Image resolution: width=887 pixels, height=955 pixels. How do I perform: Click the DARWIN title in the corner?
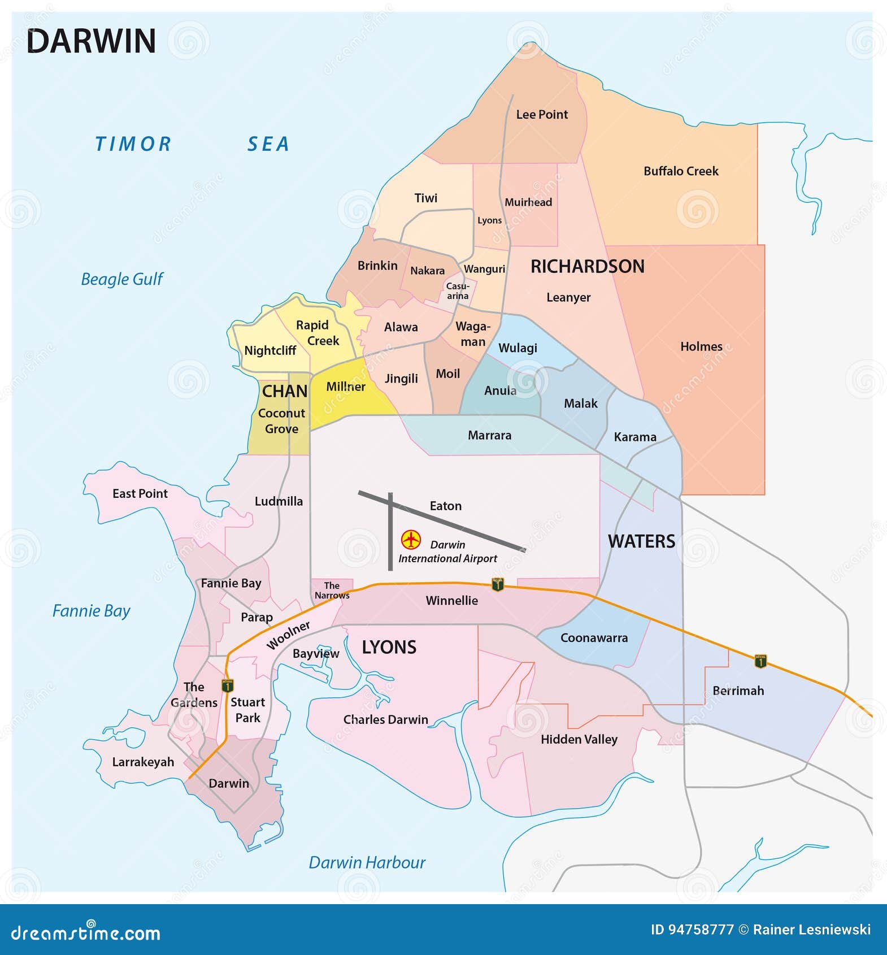pos(91,41)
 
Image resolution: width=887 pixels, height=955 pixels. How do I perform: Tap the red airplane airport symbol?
pos(411,540)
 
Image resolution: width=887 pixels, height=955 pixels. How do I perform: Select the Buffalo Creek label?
pos(681,171)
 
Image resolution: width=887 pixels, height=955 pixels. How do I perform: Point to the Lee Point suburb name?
pos(542,115)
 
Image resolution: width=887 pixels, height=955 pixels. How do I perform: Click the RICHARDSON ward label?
pos(587,267)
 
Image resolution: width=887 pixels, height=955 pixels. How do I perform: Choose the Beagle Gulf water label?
pos(121,279)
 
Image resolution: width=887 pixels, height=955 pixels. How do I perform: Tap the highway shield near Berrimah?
pos(760,661)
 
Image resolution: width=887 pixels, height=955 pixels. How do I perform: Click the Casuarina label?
pos(458,291)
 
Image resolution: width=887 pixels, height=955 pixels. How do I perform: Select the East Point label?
pos(140,494)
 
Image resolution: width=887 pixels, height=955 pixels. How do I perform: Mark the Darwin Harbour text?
pos(367,862)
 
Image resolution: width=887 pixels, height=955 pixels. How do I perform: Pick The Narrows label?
pos(332,590)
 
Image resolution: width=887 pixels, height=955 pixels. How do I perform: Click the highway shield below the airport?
pos(497,584)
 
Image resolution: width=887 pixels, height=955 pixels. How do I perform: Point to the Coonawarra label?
pos(594,638)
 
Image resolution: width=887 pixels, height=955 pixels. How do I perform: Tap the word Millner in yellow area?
pos(346,387)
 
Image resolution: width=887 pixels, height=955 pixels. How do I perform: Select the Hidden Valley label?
pos(579,739)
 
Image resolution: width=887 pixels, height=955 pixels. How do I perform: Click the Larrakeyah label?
pos(143,762)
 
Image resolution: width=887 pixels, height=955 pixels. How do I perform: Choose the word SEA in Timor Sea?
pos(268,145)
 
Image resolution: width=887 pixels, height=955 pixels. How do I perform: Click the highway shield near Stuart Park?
pos(228,686)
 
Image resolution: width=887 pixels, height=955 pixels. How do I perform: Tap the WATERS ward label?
pos(641,541)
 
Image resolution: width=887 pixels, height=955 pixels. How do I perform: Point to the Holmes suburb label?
pos(701,347)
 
